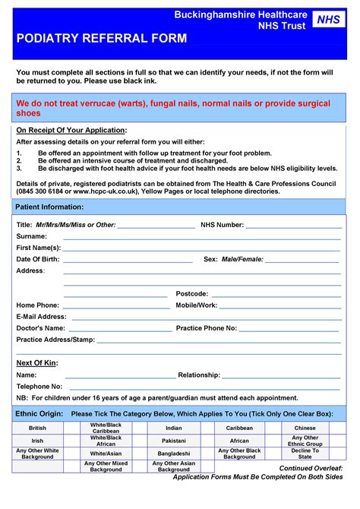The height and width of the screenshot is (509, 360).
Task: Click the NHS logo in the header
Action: pyautogui.click(x=327, y=20)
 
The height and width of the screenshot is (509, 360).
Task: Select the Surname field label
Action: pyautogui.click(x=32, y=236)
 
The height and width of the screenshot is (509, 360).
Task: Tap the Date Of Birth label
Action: pyautogui.click(x=38, y=259)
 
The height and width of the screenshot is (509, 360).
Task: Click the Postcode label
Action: pyautogui.click(x=191, y=293)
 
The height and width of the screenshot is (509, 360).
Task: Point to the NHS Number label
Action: pyautogui.click(x=222, y=225)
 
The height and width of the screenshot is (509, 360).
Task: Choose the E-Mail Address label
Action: pyautogui.click(x=42, y=316)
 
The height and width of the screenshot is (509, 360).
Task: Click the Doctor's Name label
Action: pyautogui.click(x=41, y=328)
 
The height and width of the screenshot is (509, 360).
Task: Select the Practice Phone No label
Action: pyautogui.click(x=207, y=328)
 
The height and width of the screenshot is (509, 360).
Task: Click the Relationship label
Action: pyautogui.click(x=199, y=375)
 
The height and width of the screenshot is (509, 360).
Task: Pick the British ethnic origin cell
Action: pyautogui.click(x=37, y=428)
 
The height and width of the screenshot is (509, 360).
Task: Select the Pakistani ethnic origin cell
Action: pyautogui.click(x=173, y=441)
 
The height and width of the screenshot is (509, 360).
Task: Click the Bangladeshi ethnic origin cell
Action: pyautogui.click(x=173, y=453)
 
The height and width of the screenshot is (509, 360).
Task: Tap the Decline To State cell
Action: pyautogui.click(x=305, y=454)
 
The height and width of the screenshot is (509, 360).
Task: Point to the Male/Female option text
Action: pyautogui.click(x=242, y=259)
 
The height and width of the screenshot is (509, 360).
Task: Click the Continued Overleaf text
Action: pyautogui.click(x=311, y=468)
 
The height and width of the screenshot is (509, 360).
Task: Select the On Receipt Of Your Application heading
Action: pyautogui.click(x=71, y=130)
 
